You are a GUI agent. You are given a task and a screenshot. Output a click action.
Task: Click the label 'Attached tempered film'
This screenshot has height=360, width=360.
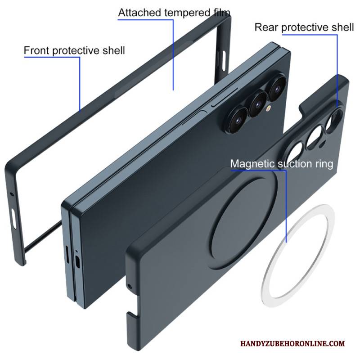(x=174, y=13)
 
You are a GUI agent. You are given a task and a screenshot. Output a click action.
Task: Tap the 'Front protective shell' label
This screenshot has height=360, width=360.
(x=74, y=50)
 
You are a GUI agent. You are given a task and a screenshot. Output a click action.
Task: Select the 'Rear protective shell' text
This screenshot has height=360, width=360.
(x=304, y=27)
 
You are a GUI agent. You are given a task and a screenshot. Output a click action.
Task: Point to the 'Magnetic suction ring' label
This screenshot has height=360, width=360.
(x=282, y=164)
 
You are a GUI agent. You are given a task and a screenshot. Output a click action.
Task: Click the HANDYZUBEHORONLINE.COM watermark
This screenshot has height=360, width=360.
(x=293, y=343)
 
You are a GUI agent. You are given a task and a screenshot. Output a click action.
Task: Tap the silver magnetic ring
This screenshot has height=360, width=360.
(x=297, y=255)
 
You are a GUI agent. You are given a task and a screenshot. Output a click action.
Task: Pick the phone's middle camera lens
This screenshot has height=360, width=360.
(x=258, y=104)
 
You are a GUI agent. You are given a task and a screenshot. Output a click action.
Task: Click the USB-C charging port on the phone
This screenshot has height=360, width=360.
(x=78, y=262)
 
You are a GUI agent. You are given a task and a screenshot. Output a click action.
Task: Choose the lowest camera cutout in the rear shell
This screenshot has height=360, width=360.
(x=294, y=154)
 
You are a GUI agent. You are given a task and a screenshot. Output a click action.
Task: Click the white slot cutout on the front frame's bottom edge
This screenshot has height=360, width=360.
(x=14, y=219)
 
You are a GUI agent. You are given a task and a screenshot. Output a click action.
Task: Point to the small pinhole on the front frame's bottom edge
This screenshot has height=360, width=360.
(x=12, y=194)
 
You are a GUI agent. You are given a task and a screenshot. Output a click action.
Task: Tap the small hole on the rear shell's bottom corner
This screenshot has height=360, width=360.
(x=130, y=286)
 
